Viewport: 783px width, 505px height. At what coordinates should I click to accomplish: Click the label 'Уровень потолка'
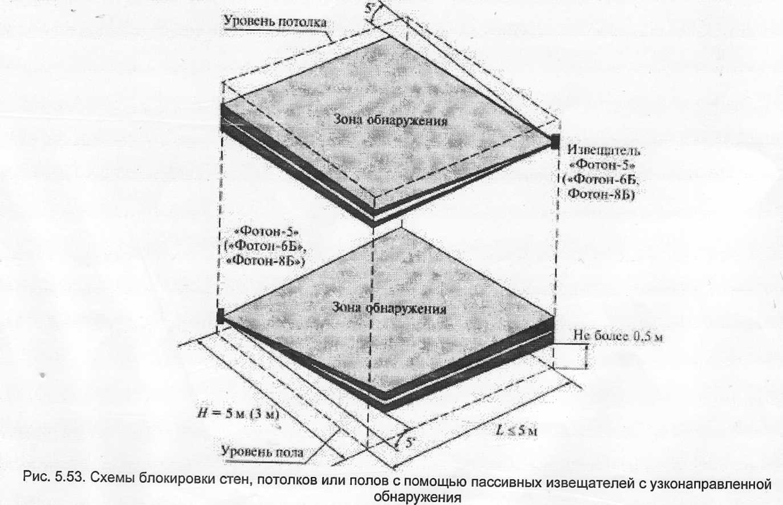(275, 22)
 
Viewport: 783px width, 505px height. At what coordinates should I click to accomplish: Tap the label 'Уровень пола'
(262, 451)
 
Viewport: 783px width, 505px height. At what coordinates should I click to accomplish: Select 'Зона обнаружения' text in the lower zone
(390, 308)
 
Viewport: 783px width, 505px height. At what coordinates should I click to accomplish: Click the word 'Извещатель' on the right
(603, 151)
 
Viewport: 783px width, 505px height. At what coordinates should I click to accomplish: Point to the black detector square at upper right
(554, 142)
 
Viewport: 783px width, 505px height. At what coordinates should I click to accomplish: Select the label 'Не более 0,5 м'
(618, 336)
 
